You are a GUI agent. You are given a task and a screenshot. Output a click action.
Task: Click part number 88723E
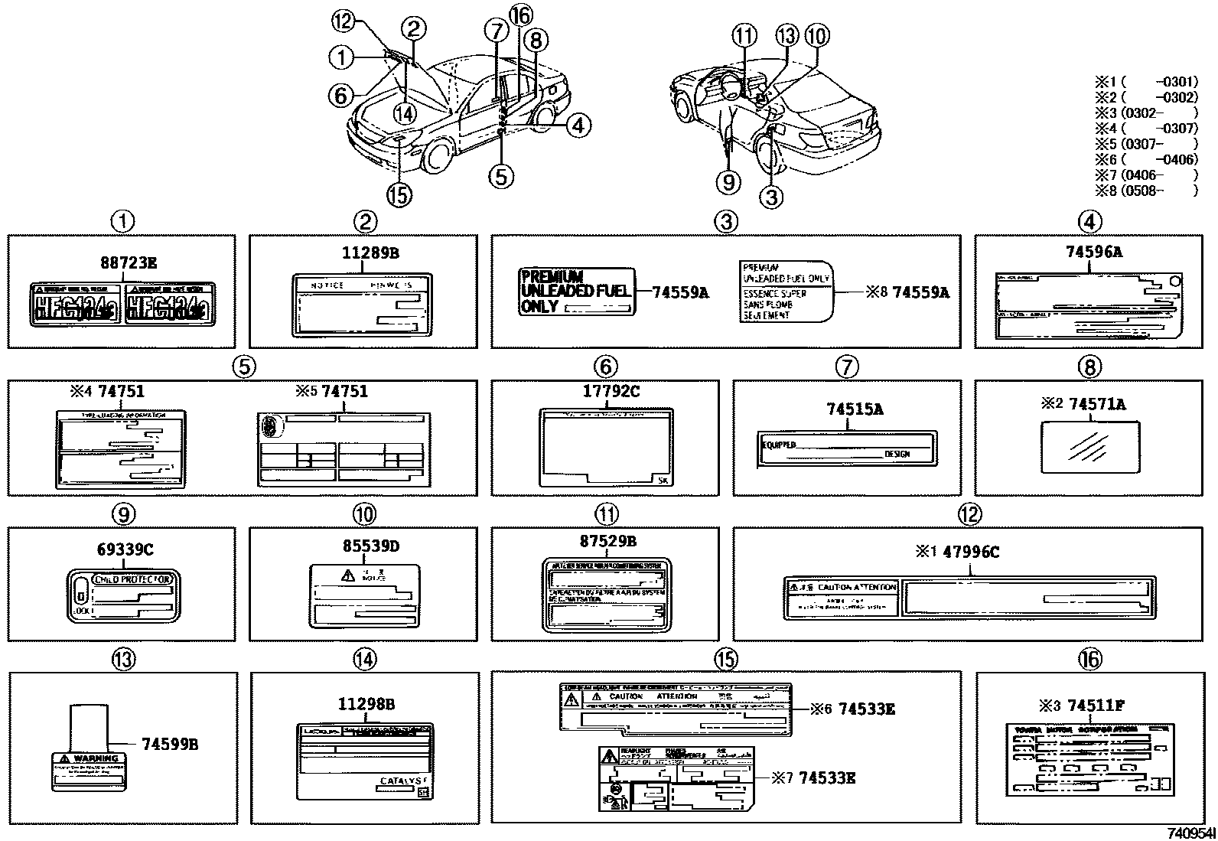point(128,263)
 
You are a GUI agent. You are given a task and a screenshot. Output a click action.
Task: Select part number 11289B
point(370,253)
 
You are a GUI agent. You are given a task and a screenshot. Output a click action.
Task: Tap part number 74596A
point(1094,252)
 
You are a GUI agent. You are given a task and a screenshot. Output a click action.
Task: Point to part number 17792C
point(611,391)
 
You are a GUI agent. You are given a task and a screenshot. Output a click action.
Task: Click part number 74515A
point(855,409)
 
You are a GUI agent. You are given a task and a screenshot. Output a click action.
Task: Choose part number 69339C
point(125,550)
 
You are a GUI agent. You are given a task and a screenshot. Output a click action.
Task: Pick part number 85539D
point(370,546)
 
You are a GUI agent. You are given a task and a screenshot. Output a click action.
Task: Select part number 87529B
point(608,541)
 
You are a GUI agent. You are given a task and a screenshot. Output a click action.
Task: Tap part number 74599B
point(170,743)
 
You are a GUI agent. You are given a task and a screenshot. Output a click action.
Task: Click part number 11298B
point(366,704)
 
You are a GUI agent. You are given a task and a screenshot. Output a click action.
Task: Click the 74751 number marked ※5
point(344,391)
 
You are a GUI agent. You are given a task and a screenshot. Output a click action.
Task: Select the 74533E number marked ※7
point(827,778)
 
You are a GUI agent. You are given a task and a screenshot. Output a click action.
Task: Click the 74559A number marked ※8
point(921,292)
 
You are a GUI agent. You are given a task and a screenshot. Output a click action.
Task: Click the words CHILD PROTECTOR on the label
point(132,581)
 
